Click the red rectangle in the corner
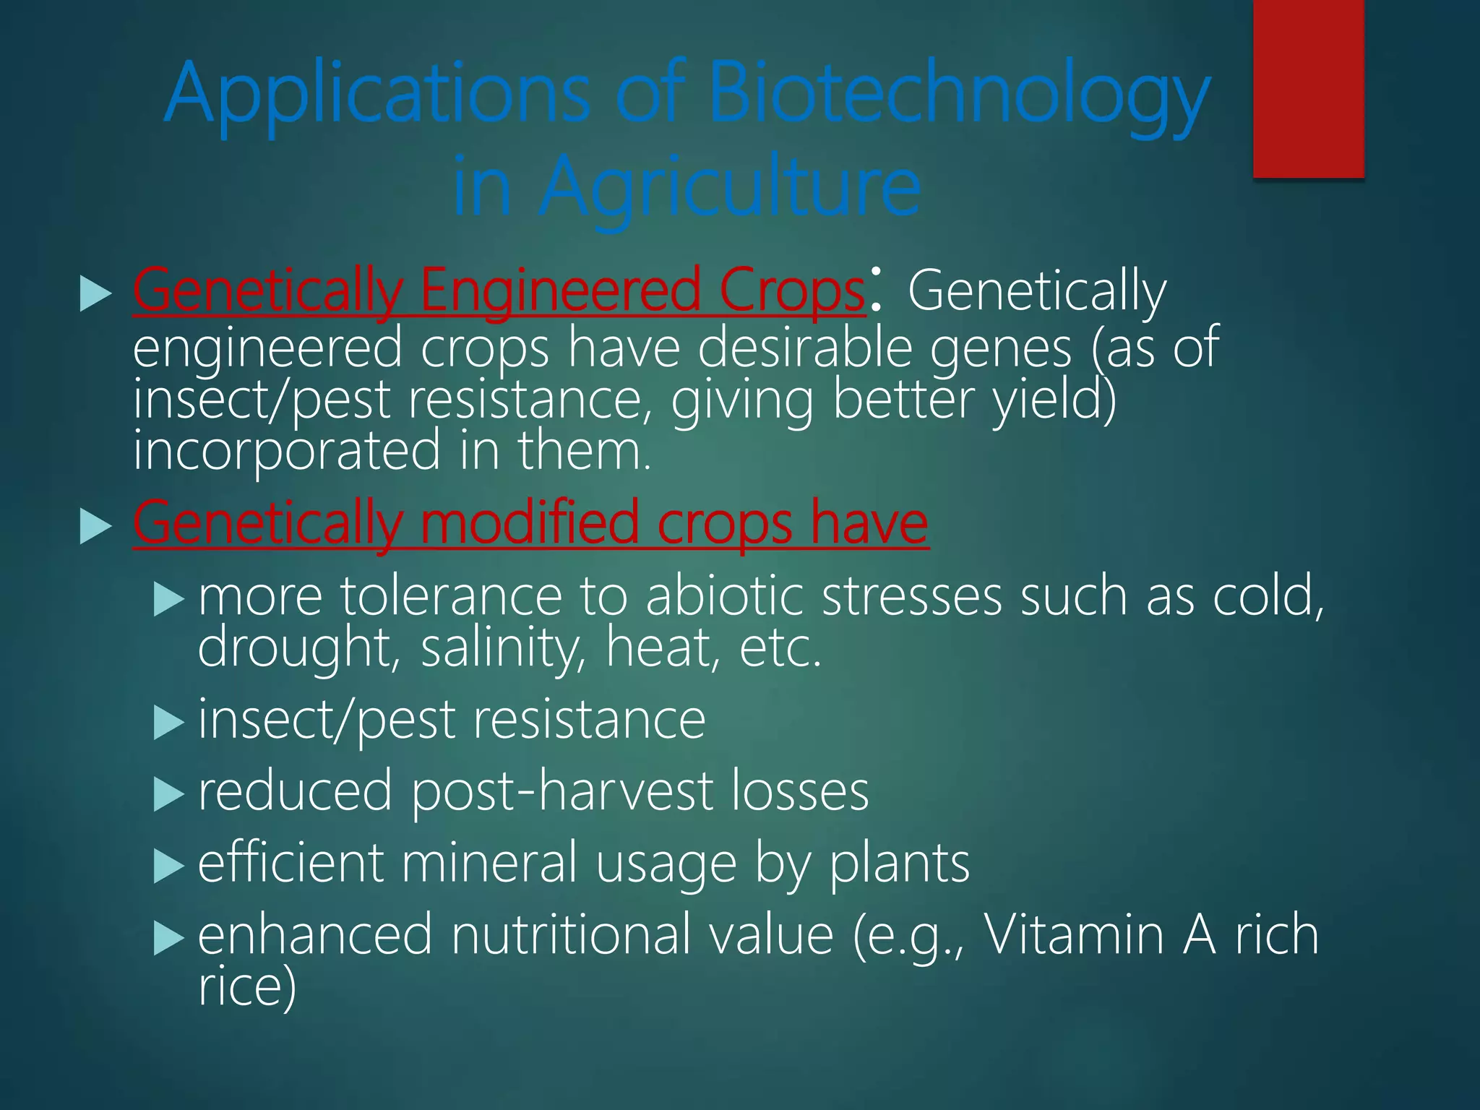click(1308, 88)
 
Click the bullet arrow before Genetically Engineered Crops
click(95, 293)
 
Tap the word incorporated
click(286, 450)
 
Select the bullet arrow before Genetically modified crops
click(95, 525)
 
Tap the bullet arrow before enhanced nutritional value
click(169, 938)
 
